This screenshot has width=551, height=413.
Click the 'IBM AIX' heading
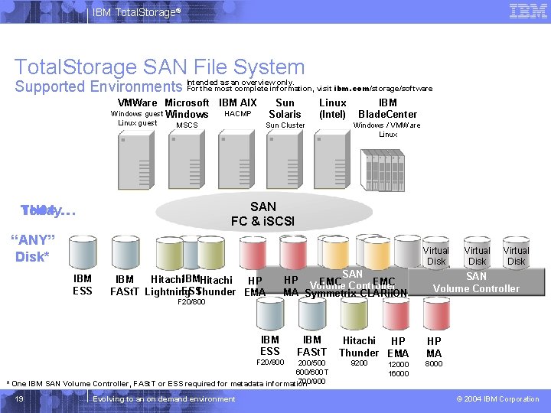click(x=238, y=102)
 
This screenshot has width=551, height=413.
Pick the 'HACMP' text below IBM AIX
click(x=238, y=114)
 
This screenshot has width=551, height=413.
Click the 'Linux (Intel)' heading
click(x=332, y=109)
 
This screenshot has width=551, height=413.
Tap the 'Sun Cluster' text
click(x=285, y=125)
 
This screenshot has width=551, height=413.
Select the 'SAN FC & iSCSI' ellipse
click(x=263, y=213)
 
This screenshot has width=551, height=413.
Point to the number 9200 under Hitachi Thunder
click(x=359, y=363)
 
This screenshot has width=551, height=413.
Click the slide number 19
click(x=19, y=399)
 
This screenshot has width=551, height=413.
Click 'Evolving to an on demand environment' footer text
click(x=164, y=399)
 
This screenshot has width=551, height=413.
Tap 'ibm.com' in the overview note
click(x=351, y=89)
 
